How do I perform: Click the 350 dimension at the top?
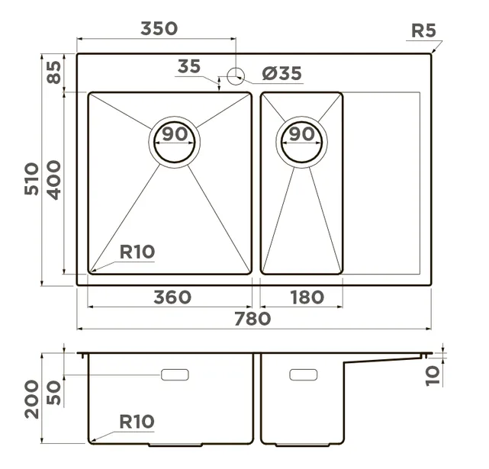(159, 28)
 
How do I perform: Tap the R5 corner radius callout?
(423, 31)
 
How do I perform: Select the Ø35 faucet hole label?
(282, 73)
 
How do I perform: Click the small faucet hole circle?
(236, 75)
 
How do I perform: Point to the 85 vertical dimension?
(54, 72)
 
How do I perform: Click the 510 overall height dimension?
(32, 178)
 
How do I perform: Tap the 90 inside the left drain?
(175, 133)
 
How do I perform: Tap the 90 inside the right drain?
(302, 133)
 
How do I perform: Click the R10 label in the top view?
(137, 252)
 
